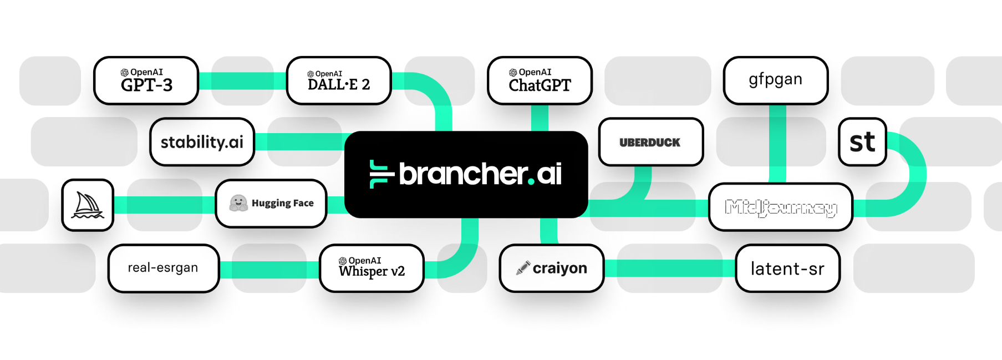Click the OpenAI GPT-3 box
(146, 81)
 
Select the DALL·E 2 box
(339, 81)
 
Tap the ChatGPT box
(540, 81)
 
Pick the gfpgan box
(775, 80)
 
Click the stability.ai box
(202, 142)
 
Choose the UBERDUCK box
(650, 142)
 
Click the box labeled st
(862, 142)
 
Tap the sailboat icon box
(88, 205)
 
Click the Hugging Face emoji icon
(238, 203)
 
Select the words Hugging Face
(283, 203)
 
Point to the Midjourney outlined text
(781, 207)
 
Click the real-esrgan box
(163, 268)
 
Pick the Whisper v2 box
(372, 268)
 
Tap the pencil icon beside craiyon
(522, 268)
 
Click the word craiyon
(560, 268)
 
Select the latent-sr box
(787, 268)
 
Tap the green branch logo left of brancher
(380, 174)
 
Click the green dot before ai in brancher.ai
(531, 182)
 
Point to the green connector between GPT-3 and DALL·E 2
(242, 81)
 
